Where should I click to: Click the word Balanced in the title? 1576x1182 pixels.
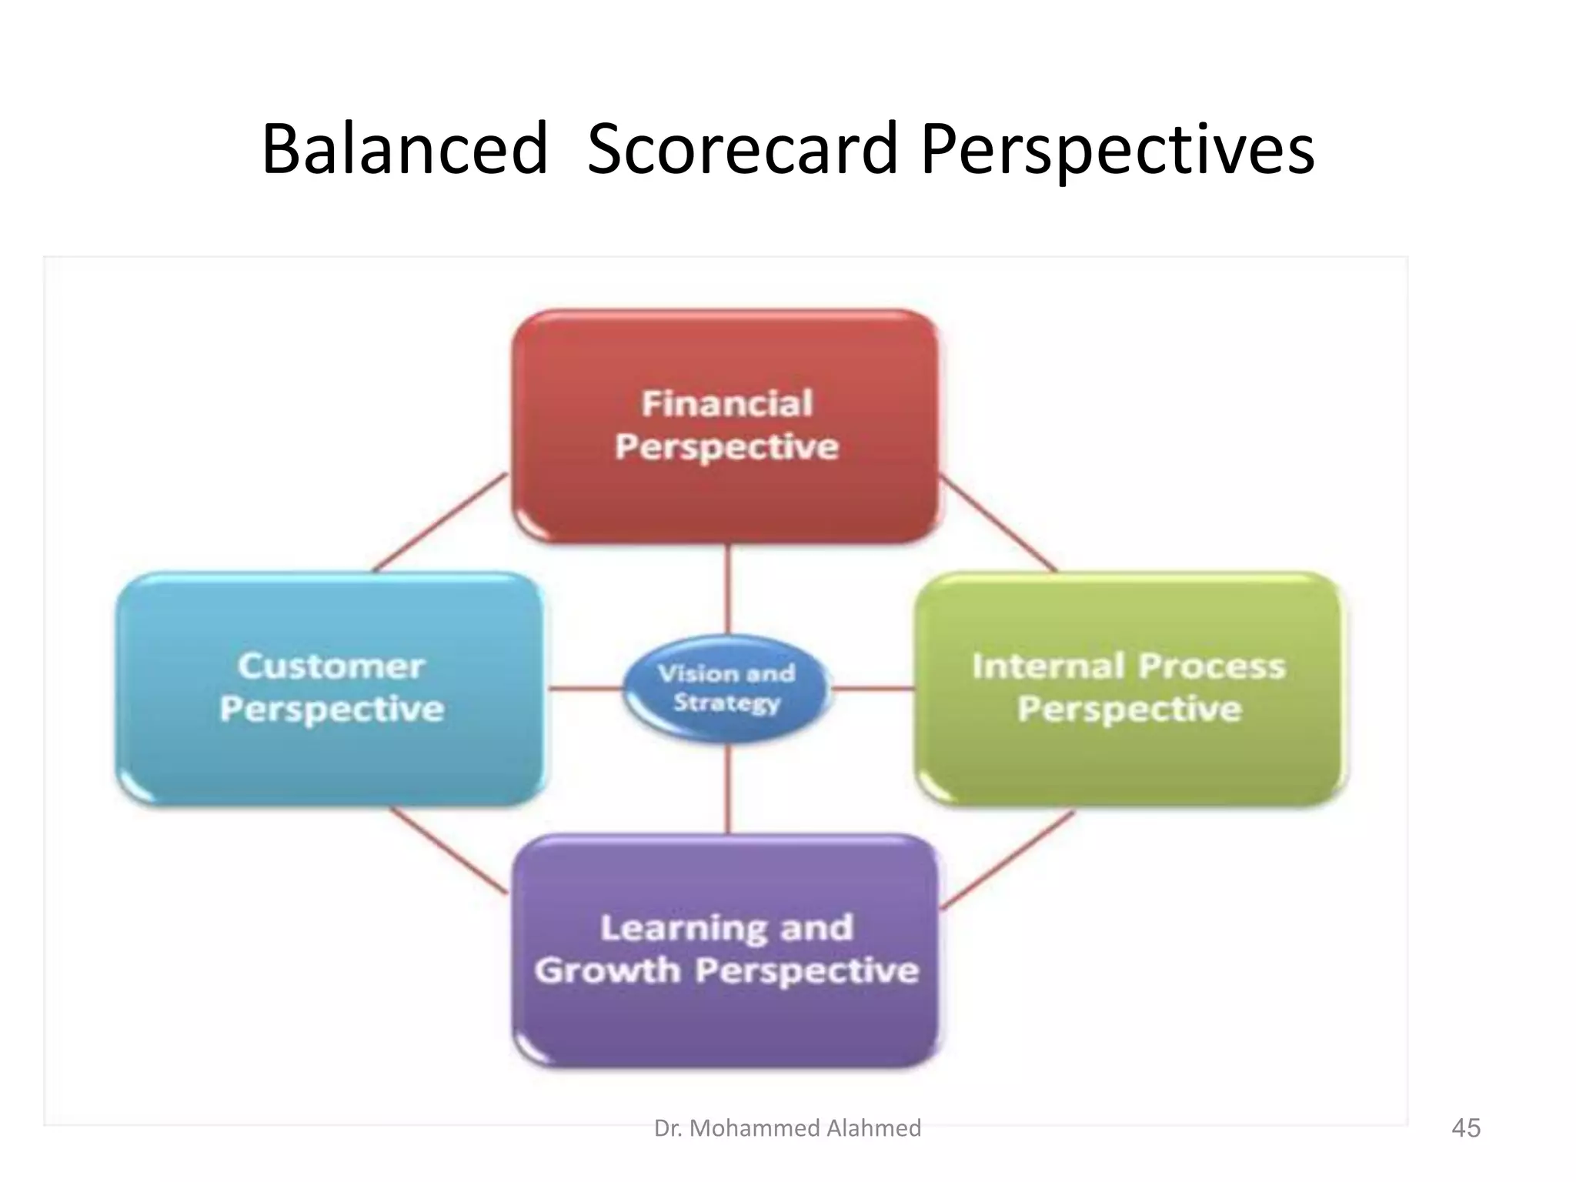tap(405, 149)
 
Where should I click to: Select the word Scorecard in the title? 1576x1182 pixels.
tap(743, 149)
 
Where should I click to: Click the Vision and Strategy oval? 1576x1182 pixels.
tap(726, 688)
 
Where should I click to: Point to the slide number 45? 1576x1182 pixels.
tap(1465, 1128)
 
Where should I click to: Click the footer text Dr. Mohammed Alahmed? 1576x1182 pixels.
tap(787, 1128)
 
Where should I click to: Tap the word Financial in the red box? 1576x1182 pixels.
tap(726, 404)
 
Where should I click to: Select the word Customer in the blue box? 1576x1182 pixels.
tap(331, 666)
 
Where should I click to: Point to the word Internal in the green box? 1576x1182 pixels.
tap(1048, 666)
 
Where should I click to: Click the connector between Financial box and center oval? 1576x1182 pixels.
tap(728, 589)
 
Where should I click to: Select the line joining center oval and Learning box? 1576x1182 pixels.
tap(728, 789)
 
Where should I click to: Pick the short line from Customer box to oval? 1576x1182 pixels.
tap(585, 689)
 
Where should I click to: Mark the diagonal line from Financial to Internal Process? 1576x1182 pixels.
tap(999, 523)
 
